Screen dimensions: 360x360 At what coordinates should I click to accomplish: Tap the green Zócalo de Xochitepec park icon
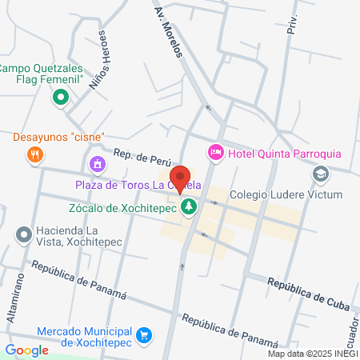[189, 208]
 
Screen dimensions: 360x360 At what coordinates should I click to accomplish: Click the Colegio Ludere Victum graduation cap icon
[320, 174]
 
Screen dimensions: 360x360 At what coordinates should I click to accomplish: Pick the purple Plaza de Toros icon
[98, 165]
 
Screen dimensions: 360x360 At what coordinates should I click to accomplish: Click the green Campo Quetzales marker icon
[60, 98]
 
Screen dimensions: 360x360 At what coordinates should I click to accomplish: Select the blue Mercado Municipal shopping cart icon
[144, 334]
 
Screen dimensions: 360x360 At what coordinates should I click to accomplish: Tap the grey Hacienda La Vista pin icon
[23, 234]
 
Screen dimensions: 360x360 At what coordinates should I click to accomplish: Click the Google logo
[26, 350]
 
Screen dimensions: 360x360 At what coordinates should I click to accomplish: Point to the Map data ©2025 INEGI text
[311, 354]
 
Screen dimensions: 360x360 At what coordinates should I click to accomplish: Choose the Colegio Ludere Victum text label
[286, 194]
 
